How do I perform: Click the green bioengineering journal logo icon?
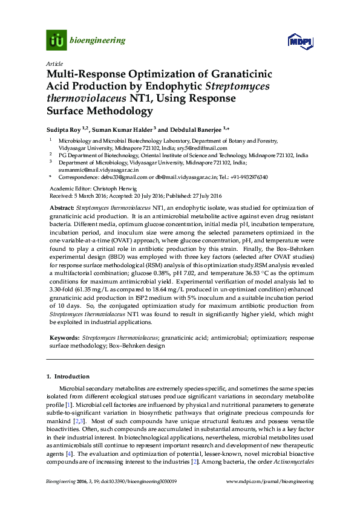pyautogui.click(x=56, y=41)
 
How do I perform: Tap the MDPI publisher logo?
pyautogui.click(x=300, y=41)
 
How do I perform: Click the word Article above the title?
pyautogui.click(x=54, y=63)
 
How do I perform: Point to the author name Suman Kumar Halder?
pyautogui.click(x=125, y=128)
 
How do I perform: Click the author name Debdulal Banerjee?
pyautogui.click(x=195, y=128)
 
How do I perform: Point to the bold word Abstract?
pyautogui.click(x=62, y=207)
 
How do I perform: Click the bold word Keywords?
pyautogui.click(x=64, y=336)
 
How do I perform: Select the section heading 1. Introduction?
pyautogui.click(x=68, y=376)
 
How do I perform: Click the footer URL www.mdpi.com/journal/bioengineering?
pyautogui.click(x=270, y=482)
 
